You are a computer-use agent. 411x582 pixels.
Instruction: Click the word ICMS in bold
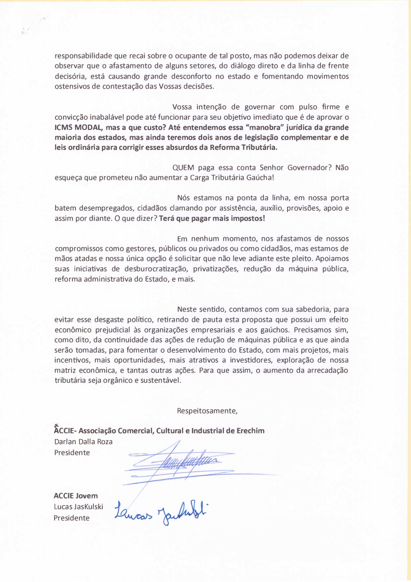[x=63, y=127]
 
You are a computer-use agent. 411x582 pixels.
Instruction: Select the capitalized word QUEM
[x=183, y=168]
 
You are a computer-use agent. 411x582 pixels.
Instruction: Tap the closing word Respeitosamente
[x=207, y=411]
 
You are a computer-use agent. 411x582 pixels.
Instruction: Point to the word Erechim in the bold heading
[x=251, y=431]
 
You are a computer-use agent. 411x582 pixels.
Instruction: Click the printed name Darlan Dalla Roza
[x=84, y=442]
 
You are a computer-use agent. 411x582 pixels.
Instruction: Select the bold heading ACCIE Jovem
[x=76, y=496]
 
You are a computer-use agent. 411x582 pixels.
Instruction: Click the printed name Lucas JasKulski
[x=79, y=507]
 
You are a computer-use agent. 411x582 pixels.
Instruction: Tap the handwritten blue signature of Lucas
[x=161, y=513]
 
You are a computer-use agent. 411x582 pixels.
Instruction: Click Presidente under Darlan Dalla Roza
[x=72, y=453]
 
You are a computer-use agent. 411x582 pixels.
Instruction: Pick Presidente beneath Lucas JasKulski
[x=72, y=518]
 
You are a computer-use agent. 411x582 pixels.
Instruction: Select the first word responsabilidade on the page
[x=83, y=56]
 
